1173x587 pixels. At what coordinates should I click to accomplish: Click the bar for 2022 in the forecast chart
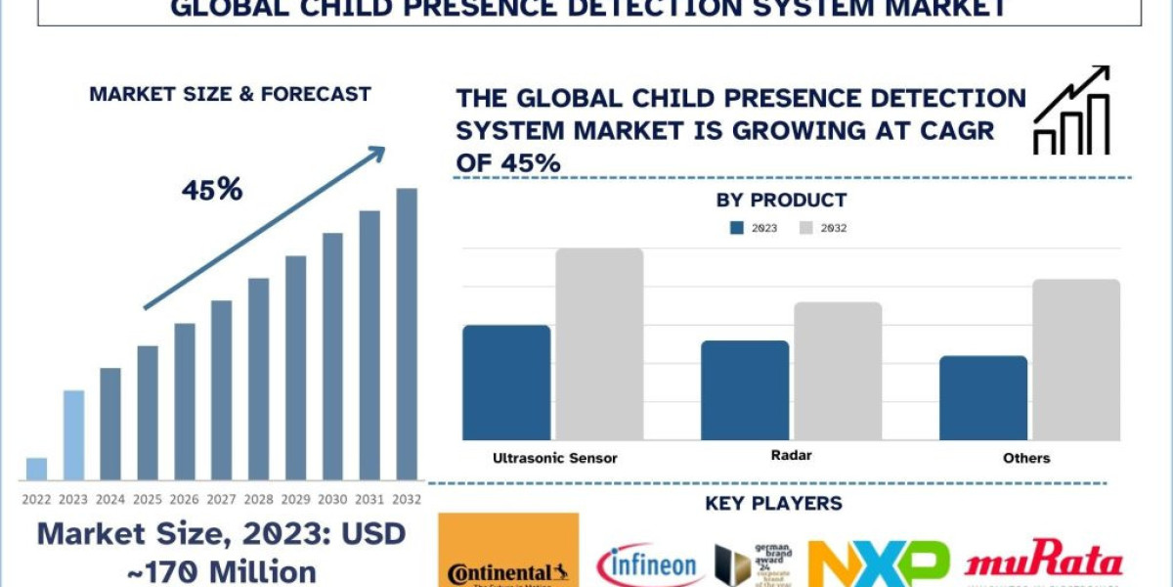coord(36,469)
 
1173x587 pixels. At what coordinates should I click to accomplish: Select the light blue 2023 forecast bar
coord(73,435)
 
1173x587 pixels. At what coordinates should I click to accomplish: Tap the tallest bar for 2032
coord(407,334)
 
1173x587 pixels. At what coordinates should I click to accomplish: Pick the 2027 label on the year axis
coord(222,499)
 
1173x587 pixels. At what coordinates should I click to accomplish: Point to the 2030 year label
coord(333,499)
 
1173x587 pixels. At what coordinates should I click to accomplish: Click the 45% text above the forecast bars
coord(211,190)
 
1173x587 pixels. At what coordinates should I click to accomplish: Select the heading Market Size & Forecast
coord(230,95)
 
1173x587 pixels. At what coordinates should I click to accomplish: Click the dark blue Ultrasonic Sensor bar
coord(506,383)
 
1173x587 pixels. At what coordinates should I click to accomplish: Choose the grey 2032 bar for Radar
coord(838,371)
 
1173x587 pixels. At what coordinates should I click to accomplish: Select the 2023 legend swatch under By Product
coord(738,228)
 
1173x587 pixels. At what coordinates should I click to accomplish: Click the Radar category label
coord(791,456)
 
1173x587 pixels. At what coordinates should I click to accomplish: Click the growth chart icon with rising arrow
coord(1071,111)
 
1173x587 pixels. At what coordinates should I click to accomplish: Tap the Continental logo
coord(508,550)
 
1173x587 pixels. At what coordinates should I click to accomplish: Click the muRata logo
coord(1043,564)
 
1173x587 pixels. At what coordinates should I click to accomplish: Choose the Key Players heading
coord(773,504)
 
